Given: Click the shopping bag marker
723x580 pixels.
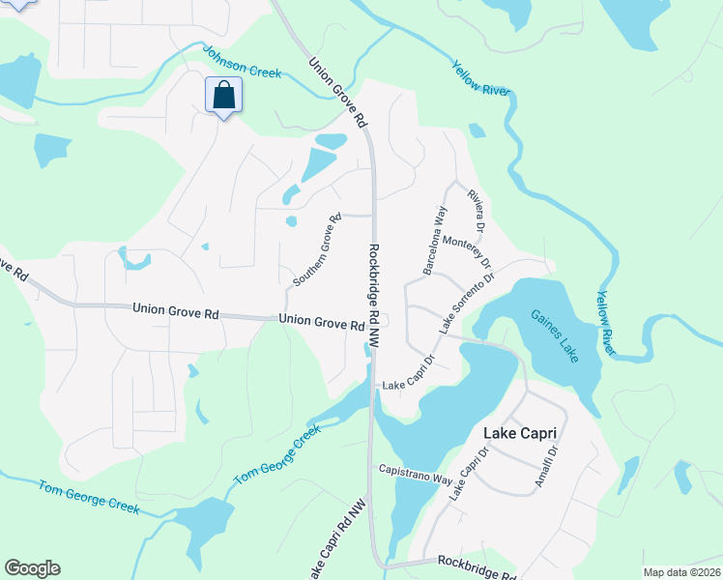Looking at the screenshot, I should point(223,96).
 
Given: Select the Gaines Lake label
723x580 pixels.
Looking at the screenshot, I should point(554,335).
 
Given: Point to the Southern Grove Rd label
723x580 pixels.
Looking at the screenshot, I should point(318,249).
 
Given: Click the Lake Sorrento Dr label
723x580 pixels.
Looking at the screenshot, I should point(467,304).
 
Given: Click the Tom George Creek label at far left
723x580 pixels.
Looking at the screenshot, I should point(89,497).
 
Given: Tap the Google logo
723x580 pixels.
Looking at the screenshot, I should point(32,568).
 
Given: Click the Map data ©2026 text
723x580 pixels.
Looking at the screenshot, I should point(681,572).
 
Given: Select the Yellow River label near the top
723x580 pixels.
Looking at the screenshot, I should point(481,79).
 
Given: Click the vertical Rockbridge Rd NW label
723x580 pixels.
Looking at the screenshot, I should point(374,295).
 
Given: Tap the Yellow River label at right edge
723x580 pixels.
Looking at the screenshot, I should point(605,323).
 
